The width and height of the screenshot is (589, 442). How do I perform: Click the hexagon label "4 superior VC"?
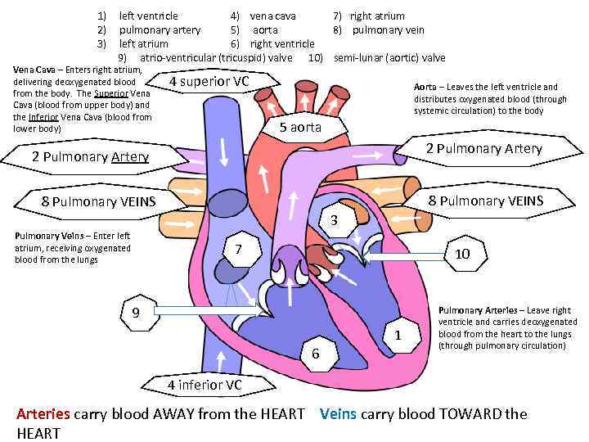point(209,82)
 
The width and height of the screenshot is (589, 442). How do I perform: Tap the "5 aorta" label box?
point(300,127)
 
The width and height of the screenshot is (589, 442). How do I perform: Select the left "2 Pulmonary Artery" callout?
point(90,156)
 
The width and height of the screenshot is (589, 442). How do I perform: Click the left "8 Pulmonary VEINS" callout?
point(98,201)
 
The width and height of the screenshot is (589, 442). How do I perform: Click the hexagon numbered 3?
point(334,220)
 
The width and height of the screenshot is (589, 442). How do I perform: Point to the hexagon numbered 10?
point(462,254)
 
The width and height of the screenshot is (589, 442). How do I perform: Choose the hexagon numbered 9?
point(136,312)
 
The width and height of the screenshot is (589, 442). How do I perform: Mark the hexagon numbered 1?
point(398,335)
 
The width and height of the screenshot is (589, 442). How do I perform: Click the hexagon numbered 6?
point(315,354)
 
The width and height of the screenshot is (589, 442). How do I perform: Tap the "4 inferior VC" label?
point(205,384)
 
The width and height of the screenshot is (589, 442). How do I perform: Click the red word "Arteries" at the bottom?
point(43,413)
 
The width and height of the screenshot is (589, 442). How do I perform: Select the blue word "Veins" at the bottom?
point(338,413)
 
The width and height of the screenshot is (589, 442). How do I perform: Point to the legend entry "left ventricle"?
point(148,16)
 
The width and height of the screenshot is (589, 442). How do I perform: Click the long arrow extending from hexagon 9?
point(205,311)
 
